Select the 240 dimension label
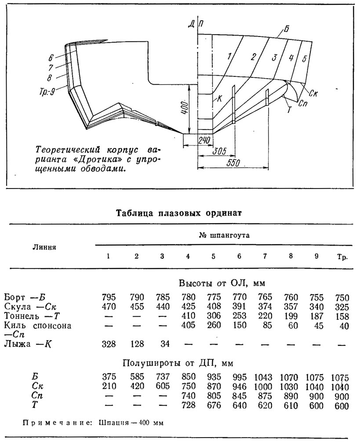pos(204,140)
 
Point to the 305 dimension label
pos(218,152)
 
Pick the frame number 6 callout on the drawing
pos(51,58)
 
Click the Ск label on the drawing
pos(313,93)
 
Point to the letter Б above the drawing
pos(286,29)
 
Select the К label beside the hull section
pos(220,99)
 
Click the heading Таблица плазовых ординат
pos(179,213)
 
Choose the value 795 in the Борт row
pos(109,297)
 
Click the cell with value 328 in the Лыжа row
pos(109,344)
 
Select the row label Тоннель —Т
pos(33,316)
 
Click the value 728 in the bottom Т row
pos(188,405)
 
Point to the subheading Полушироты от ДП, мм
pos(178,363)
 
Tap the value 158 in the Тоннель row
pos(342,316)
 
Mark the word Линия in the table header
pos(44,247)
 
